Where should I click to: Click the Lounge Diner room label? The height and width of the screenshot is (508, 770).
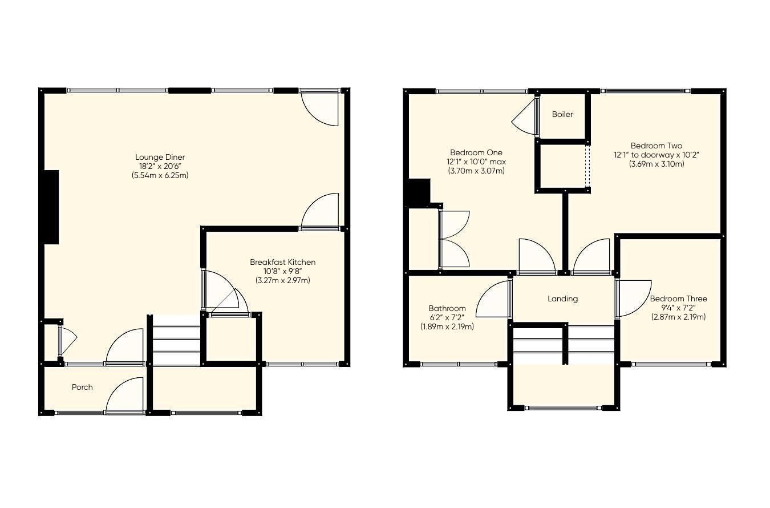point(160,157)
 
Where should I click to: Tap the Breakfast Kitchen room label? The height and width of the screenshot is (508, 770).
point(282,262)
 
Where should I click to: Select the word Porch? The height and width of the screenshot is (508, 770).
point(82,387)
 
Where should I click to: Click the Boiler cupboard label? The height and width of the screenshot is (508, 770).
point(562,114)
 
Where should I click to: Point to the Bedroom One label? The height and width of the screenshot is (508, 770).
point(476,152)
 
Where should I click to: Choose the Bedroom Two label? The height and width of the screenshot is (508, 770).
point(656,146)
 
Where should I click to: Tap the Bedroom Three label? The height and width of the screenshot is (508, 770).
point(678,299)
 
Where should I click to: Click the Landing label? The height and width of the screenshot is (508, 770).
point(562,299)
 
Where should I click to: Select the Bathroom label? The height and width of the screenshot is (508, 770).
point(447,308)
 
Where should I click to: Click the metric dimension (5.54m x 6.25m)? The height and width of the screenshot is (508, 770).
point(160,175)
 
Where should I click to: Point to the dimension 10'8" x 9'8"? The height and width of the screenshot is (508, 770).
point(282,271)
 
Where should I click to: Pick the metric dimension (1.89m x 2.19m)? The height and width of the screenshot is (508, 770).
point(447,326)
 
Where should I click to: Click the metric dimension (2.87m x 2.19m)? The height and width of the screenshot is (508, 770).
point(678,317)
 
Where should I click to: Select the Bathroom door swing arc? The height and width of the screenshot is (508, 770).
point(491,300)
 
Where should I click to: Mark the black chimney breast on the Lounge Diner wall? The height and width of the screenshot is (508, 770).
point(52,207)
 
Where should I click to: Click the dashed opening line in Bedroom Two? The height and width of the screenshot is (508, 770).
point(587,167)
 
